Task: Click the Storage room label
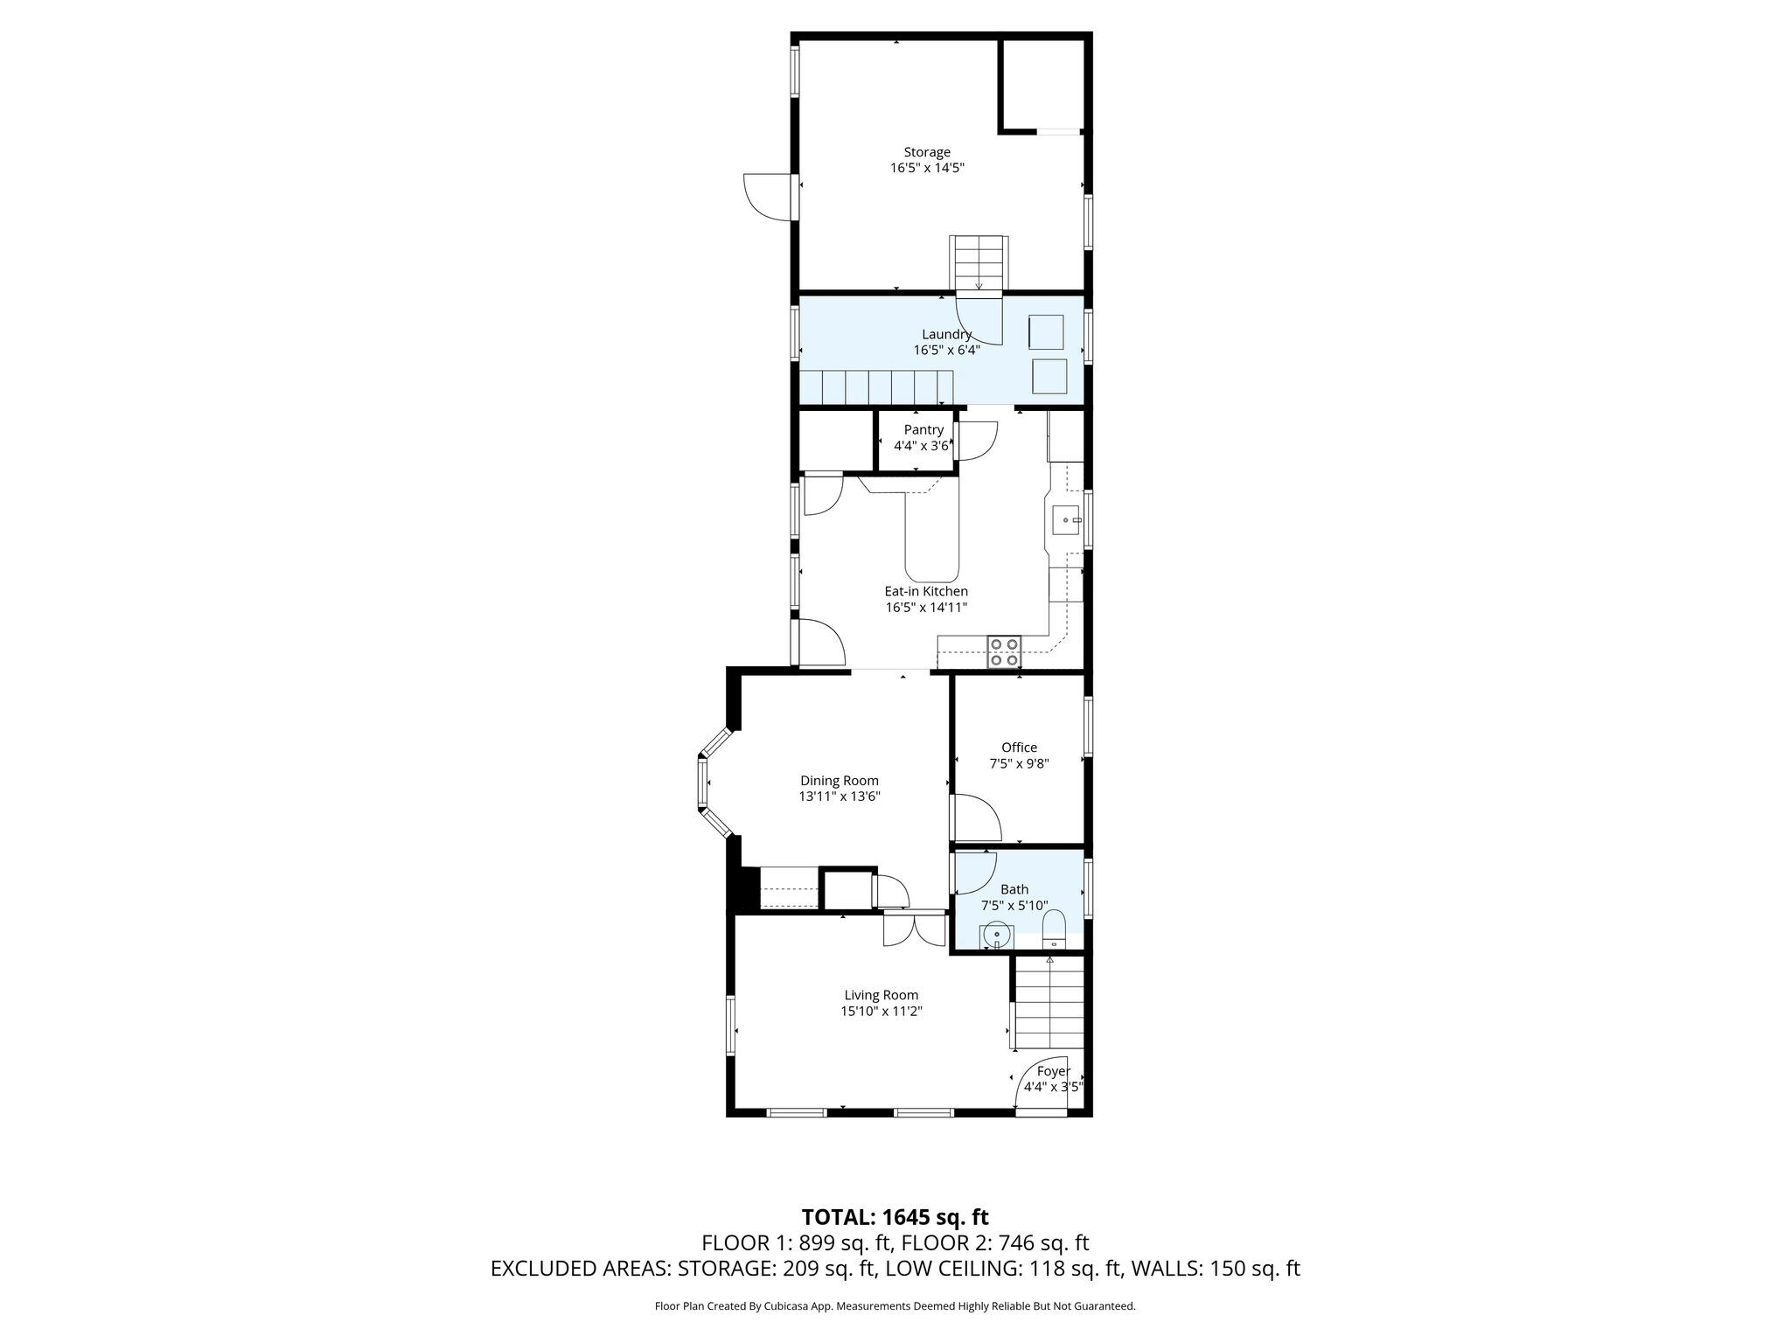coord(927,152)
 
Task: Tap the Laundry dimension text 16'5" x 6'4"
coord(946,350)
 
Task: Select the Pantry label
coord(923,429)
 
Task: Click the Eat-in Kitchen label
coord(926,591)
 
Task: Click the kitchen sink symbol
coord(1067,519)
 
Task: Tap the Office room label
coord(1019,748)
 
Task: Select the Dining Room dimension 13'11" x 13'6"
coord(839,797)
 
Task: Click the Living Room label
coord(881,995)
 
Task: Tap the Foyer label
coord(1053,1071)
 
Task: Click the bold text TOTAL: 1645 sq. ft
coord(895,1217)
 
